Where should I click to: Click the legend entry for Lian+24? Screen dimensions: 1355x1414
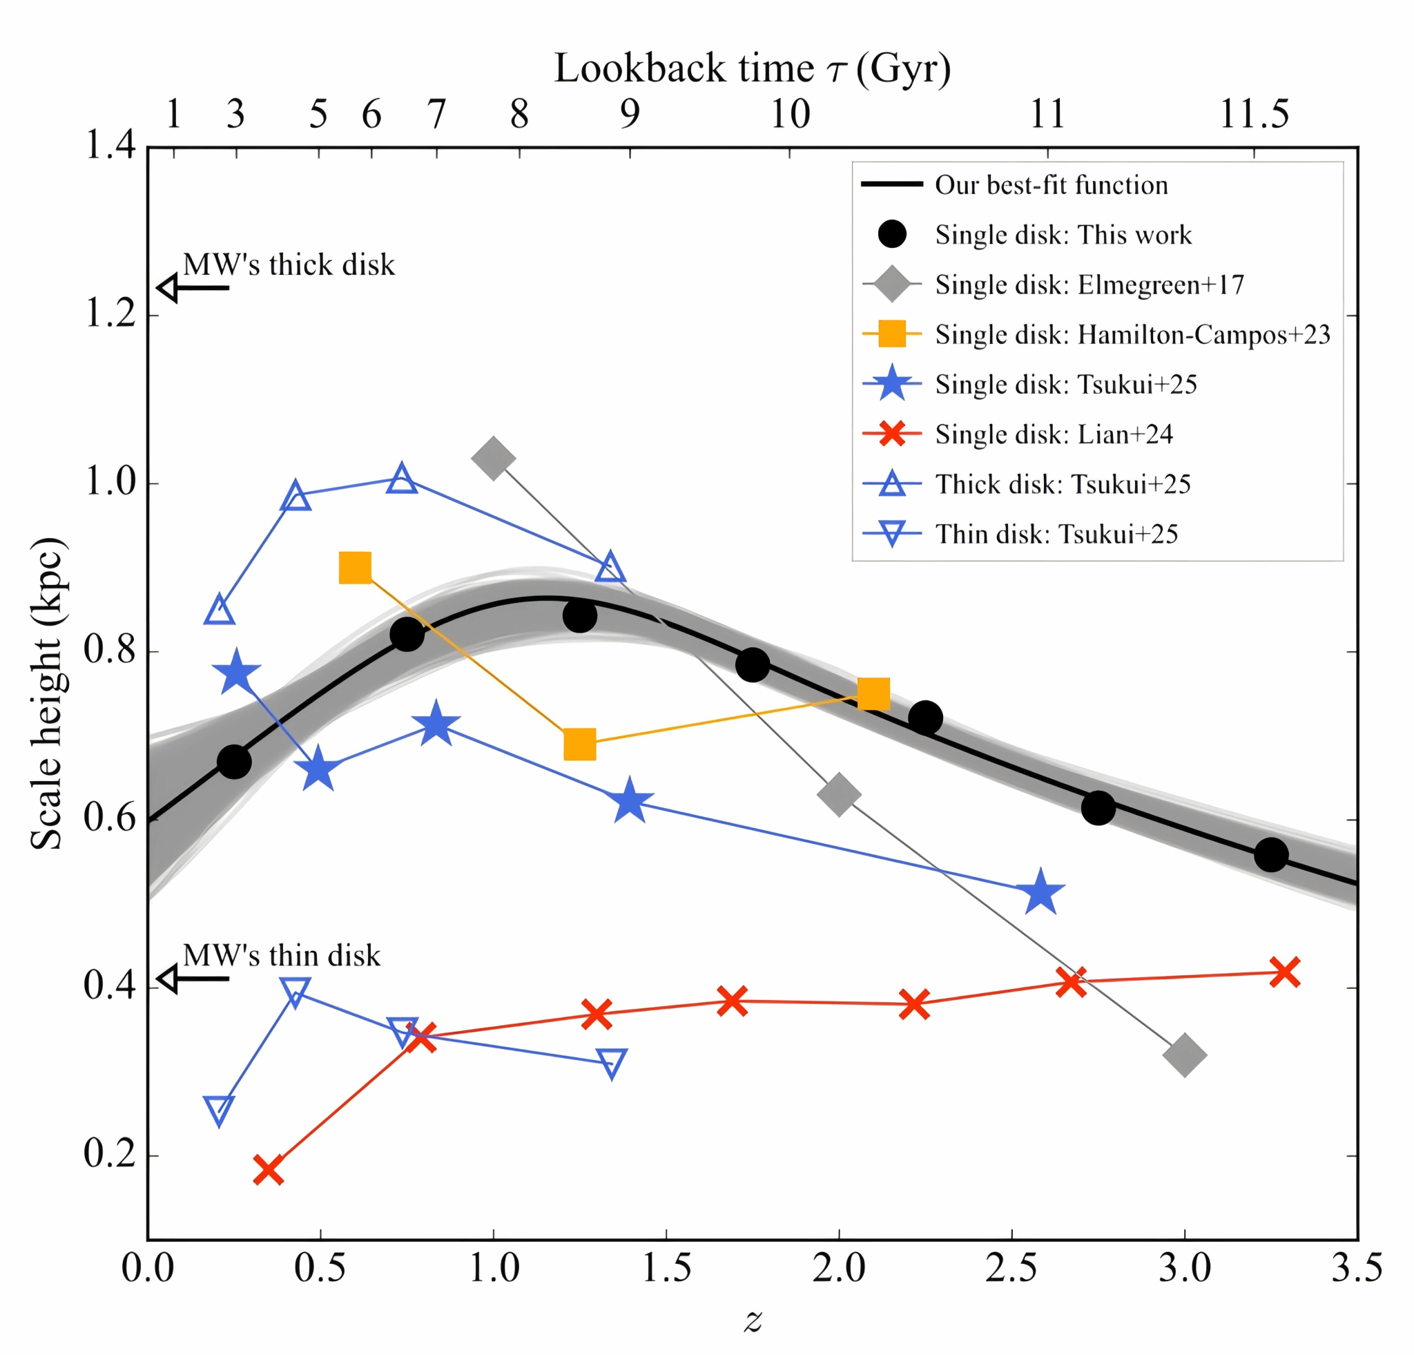(1054, 434)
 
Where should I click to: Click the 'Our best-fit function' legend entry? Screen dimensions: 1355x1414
(1051, 185)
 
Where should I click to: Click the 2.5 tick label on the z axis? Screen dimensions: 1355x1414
(1011, 1269)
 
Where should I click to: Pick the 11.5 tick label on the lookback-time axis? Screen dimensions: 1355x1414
(1254, 114)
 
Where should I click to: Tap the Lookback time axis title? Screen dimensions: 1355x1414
(752, 69)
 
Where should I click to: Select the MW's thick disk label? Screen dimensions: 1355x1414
(289, 265)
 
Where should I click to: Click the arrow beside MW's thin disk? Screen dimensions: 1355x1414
(193, 979)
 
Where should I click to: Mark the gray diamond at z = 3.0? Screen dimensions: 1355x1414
(1185, 1055)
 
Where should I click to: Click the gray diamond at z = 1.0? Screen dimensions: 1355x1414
(493, 457)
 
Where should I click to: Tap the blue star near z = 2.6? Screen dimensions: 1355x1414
(1040, 893)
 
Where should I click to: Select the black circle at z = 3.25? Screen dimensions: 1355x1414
(1271, 855)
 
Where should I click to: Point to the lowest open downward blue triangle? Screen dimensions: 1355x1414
(220, 1111)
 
